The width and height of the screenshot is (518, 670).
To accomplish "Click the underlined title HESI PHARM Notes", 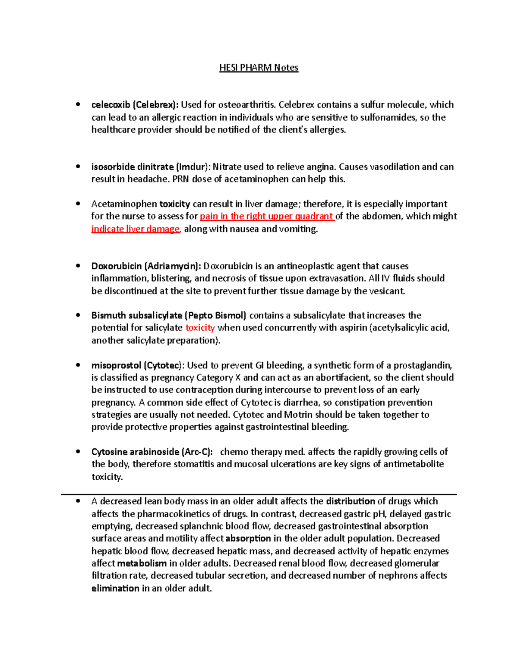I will click(259, 68).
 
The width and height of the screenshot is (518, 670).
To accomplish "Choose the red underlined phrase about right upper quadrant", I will click(267, 216).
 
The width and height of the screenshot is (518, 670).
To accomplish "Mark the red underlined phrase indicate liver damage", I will click(136, 229).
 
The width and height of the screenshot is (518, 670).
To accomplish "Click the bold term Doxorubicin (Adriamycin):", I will click(146, 266).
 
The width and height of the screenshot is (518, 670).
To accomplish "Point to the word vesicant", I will click(386, 291).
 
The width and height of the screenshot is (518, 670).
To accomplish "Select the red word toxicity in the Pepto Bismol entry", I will click(200, 328).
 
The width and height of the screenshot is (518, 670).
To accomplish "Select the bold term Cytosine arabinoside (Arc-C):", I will click(152, 452).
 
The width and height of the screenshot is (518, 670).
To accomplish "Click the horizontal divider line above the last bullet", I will click(259, 494).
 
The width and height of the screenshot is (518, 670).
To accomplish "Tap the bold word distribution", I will click(350, 501).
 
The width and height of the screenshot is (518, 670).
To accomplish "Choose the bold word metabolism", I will click(142, 563).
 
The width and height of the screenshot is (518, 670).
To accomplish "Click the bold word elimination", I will click(115, 588).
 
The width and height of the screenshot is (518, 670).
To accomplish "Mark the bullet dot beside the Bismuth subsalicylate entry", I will click(78, 315).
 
